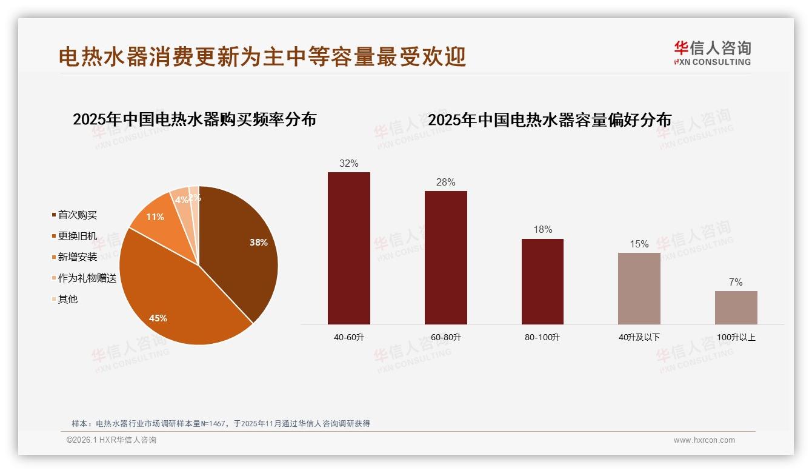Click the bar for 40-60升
pyautogui.click(x=348, y=248)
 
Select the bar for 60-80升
pyautogui.click(x=445, y=258)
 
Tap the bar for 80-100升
pyautogui.click(x=542, y=281)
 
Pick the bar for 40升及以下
pyautogui.click(x=639, y=289)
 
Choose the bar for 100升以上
pyautogui.click(x=736, y=307)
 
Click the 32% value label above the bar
pyautogui.click(x=348, y=163)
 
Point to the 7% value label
pyautogui.click(x=736, y=282)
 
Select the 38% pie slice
pyautogui.click(x=242, y=249)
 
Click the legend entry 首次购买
pyautogui.click(x=77, y=215)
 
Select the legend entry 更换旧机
pyautogui.click(x=77, y=236)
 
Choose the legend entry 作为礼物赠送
pyautogui.click(x=87, y=278)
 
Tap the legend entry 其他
pyautogui.click(x=67, y=300)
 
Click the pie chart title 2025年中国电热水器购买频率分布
pyautogui.click(x=195, y=119)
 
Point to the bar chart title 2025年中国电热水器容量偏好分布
pyautogui.click(x=550, y=120)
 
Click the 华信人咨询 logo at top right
pyautogui.click(x=712, y=53)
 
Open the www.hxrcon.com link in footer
pyautogui.click(x=704, y=440)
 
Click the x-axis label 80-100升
pyautogui.click(x=542, y=337)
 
